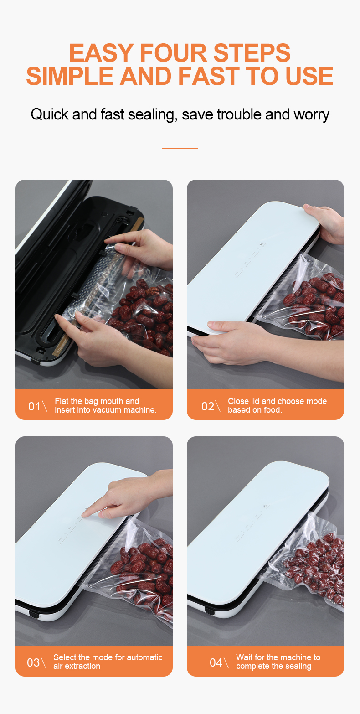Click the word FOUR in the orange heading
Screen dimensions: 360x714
[173, 52]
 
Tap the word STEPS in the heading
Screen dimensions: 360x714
[252, 52]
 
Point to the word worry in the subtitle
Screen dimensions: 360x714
[311, 115]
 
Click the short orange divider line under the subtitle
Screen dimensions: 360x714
[180, 148]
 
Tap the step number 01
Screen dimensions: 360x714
[34, 406]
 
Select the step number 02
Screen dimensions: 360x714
[208, 406]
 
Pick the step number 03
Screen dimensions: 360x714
[33, 662]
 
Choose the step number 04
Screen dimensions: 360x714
[216, 662]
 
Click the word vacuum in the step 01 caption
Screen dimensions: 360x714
[108, 410]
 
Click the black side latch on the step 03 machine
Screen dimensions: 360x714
[34, 614]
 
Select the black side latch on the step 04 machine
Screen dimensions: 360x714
[209, 611]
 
